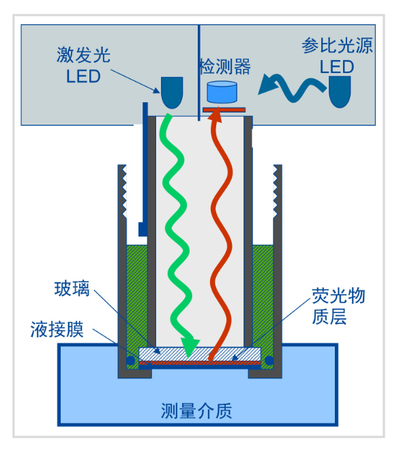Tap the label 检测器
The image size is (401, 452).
tap(224, 66)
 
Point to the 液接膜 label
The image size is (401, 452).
tap(57, 330)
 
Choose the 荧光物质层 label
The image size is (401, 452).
tap(338, 306)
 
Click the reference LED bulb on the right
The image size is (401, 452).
tap(340, 91)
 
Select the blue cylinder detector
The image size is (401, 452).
tap(221, 92)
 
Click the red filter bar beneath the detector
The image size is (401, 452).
tap(224, 108)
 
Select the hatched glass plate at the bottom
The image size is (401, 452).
tap(199, 354)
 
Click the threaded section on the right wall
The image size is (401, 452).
tap(277, 191)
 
